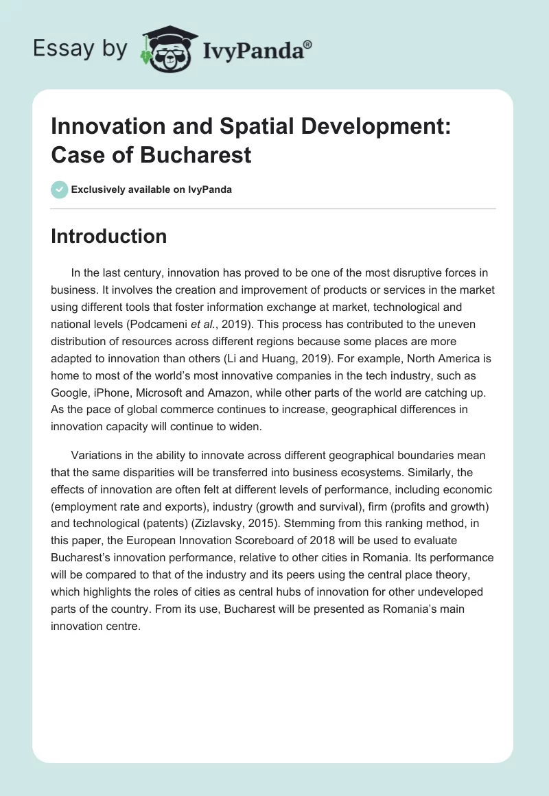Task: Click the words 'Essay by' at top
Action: click(80, 49)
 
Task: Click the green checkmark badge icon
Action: click(60, 189)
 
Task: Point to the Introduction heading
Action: click(108, 236)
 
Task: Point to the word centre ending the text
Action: click(123, 626)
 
